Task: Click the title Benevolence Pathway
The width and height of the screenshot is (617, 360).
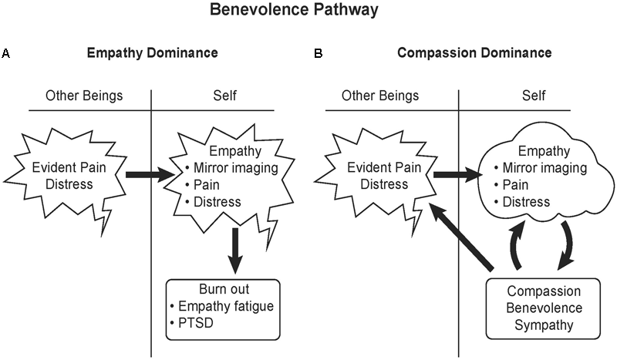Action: coord(308,12)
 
